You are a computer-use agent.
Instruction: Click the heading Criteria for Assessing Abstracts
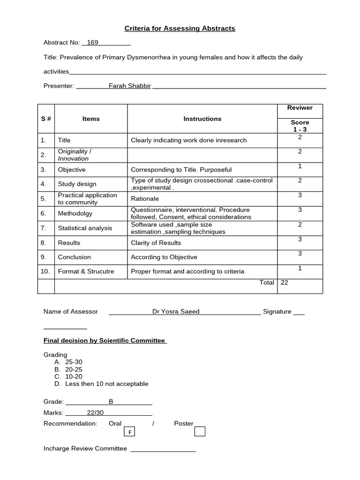pos(180,29)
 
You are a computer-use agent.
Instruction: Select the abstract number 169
pos(92,43)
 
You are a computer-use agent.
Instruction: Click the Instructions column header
pos(202,119)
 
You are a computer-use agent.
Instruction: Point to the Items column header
pos(91,119)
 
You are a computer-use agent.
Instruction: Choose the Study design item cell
pos(77,184)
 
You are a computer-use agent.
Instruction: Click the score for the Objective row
pos(300,166)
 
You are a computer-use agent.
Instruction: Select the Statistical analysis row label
pos(85,228)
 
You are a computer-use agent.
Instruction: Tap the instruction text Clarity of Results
pos(156,243)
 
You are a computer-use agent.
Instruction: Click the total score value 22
pos(285,283)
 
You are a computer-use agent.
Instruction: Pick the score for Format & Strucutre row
pos(300,268)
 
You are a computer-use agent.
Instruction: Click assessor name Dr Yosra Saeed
pos(176,311)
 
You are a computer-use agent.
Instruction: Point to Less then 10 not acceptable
pos(106,384)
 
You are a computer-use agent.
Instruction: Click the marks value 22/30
pos(95,412)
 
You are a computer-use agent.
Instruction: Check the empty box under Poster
pos(200,431)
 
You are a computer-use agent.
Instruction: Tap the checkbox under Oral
pos(129,432)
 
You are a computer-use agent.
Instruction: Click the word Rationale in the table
pos(145,199)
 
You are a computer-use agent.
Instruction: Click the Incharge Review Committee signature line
pos(163,450)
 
